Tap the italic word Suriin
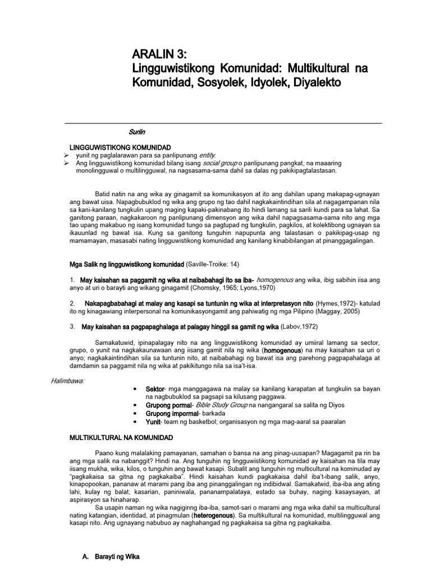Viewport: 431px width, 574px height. [x=137, y=132]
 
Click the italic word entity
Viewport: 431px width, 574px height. [x=207, y=155]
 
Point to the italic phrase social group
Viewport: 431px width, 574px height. [x=221, y=163]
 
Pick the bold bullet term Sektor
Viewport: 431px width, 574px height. [x=155, y=388]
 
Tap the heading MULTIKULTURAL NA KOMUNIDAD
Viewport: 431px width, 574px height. [x=121, y=437]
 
